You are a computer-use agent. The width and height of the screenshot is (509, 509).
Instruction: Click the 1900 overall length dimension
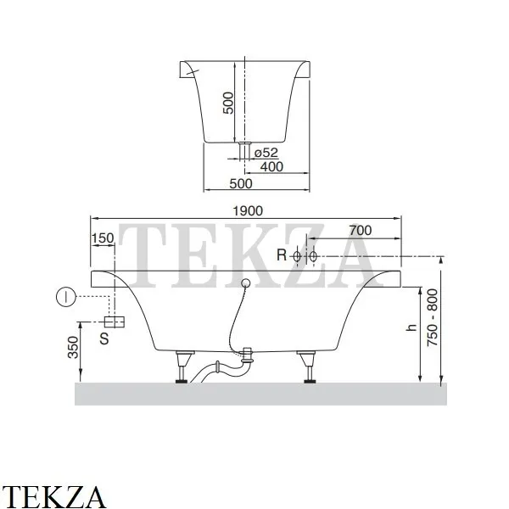(248, 211)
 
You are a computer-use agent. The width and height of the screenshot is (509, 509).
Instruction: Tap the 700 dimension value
(361, 231)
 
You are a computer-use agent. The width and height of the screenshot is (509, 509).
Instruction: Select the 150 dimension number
(103, 238)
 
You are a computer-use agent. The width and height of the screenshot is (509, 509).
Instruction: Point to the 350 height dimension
(73, 347)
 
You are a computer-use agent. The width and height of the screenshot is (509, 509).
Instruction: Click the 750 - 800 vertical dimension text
(432, 318)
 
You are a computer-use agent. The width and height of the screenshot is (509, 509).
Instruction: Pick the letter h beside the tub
(411, 327)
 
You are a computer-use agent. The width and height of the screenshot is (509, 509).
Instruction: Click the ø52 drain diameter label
(266, 153)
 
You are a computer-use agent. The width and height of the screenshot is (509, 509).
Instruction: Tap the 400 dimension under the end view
(271, 167)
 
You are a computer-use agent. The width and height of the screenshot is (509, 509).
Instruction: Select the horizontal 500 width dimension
(241, 184)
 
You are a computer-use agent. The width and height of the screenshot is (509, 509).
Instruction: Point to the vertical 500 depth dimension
(228, 103)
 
